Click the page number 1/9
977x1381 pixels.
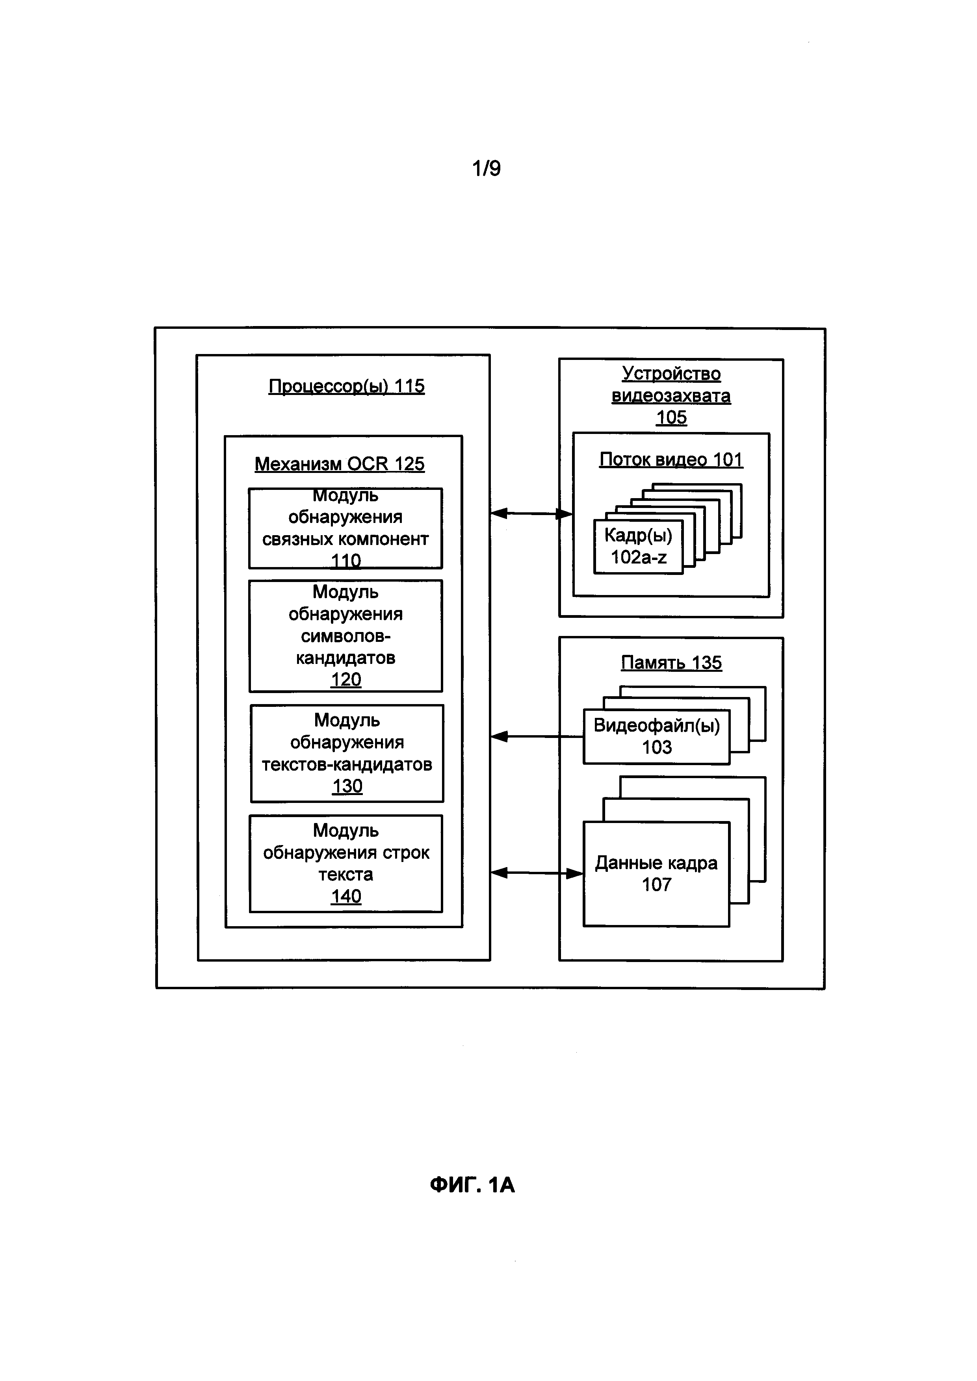[x=486, y=169]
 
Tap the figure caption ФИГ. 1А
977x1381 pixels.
[x=472, y=1185]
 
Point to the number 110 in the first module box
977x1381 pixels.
[x=346, y=561]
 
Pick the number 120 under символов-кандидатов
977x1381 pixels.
[x=346, y=680]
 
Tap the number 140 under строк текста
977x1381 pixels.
[x=346, y=896]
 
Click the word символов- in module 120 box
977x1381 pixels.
[x=346, y=636]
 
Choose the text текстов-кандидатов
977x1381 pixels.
[x=347, y=764]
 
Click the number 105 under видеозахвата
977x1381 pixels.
[x=671, y=417]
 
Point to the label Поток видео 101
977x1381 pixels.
[x=671, y=460]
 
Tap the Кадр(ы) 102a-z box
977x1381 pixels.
[x=638, y=546]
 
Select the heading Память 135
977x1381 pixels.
[x=671, y=663]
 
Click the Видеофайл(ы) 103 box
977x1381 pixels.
[x=656, y=736]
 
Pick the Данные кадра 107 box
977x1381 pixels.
[x=656, y=874]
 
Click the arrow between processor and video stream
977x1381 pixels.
[x=531, y=513]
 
